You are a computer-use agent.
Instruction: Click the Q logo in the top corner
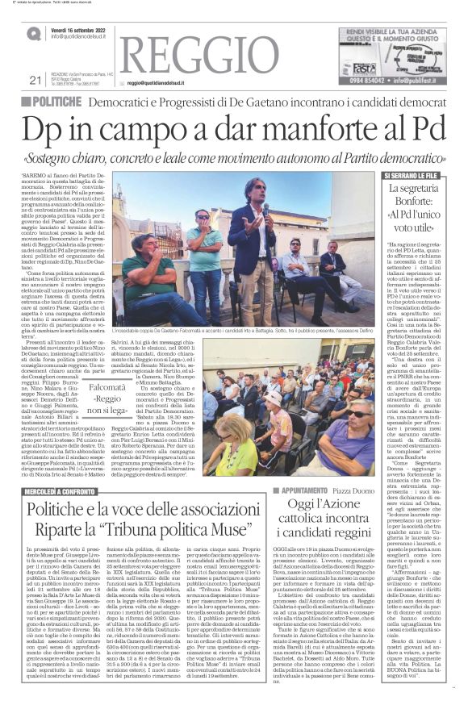point(33,34)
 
